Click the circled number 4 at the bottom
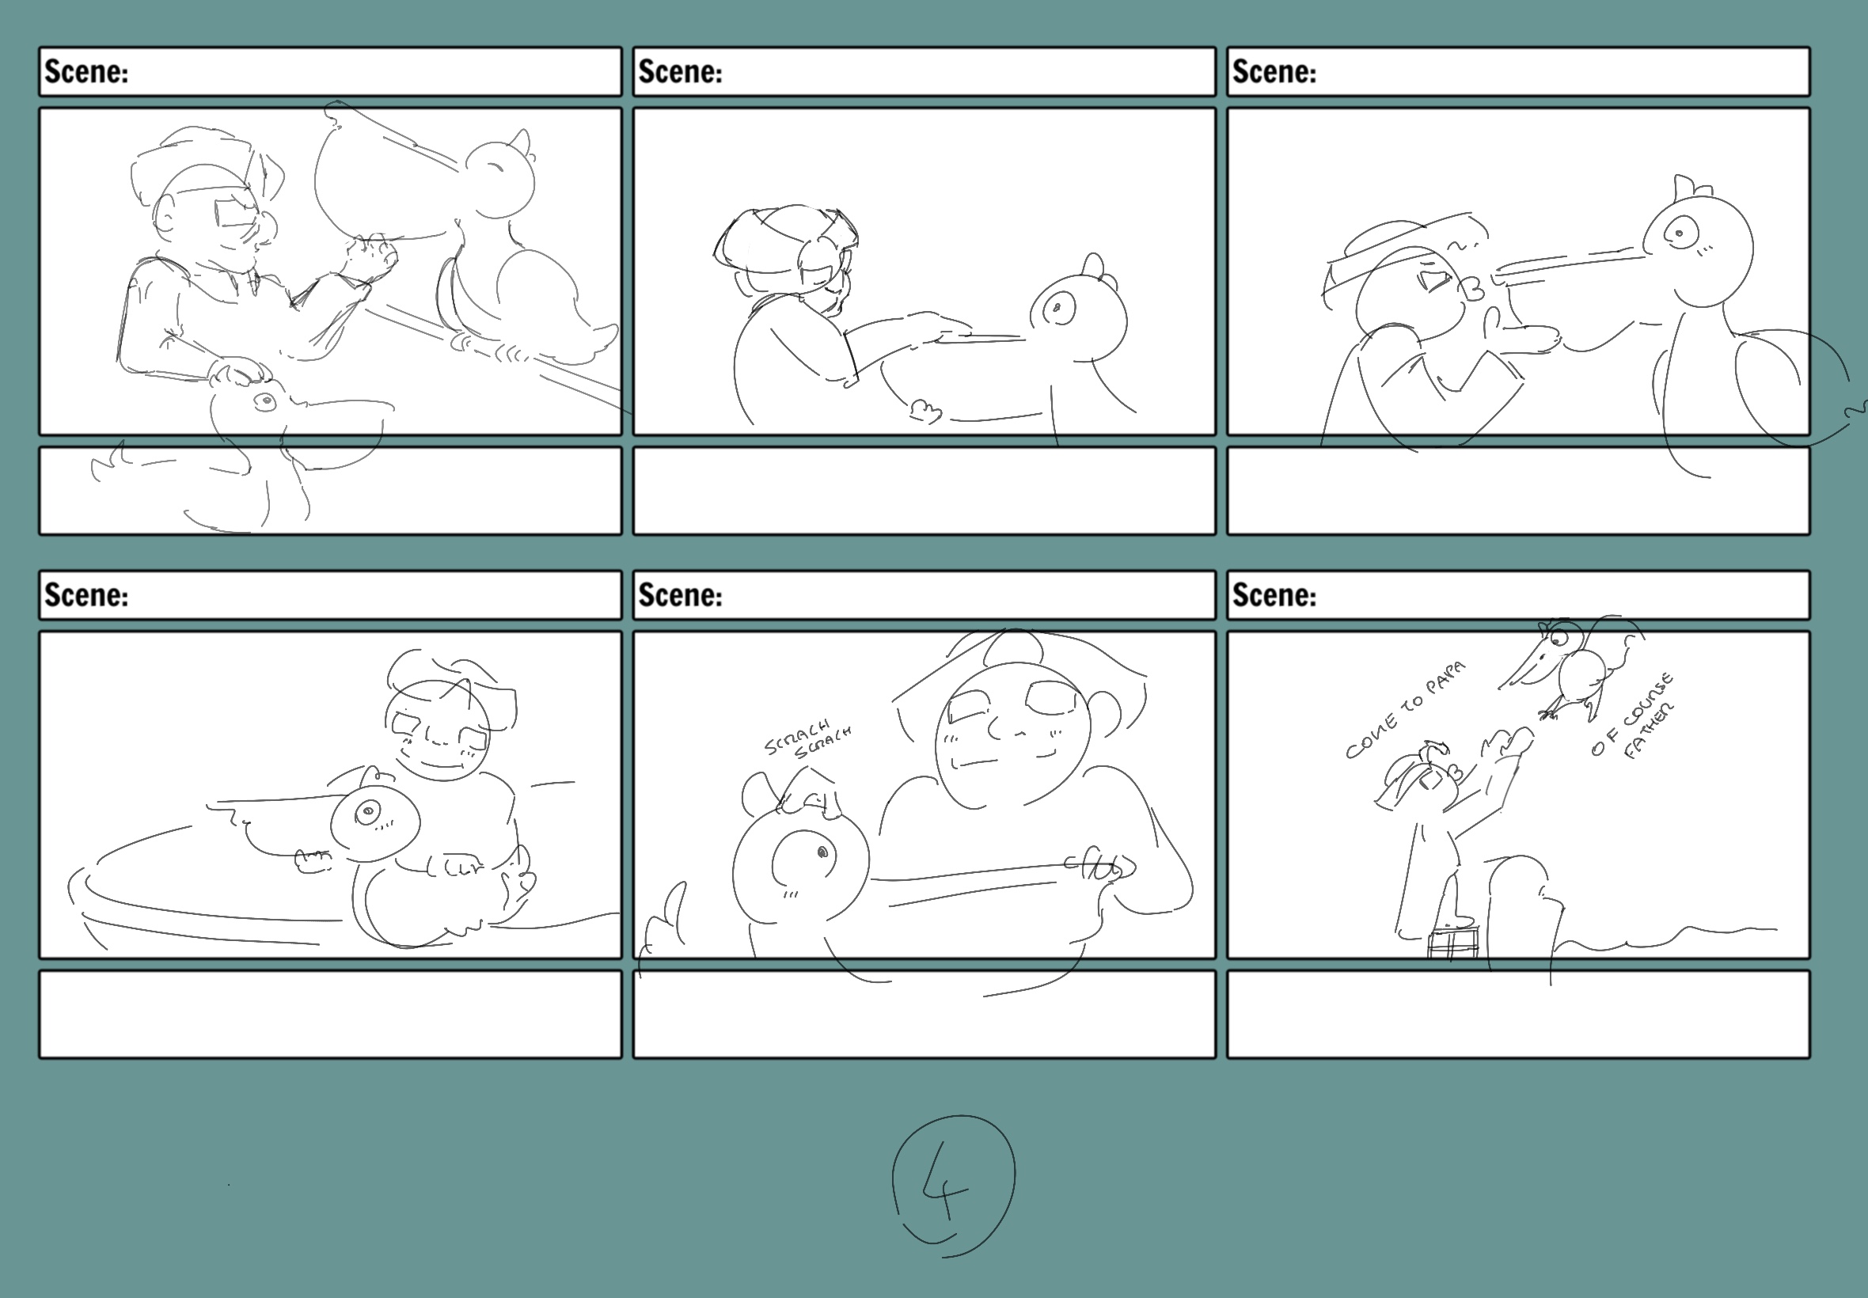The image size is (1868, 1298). (953, 1185)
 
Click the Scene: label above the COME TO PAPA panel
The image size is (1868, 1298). (1274, 595)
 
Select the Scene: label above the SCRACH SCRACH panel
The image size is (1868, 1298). (680, 595)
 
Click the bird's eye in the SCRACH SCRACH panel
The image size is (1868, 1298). (822, 852)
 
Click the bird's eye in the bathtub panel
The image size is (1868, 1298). (368, 810)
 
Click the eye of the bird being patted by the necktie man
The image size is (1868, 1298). (265, 402)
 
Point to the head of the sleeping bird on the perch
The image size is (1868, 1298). (500, 179)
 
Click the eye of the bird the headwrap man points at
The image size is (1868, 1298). (1059, 307)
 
